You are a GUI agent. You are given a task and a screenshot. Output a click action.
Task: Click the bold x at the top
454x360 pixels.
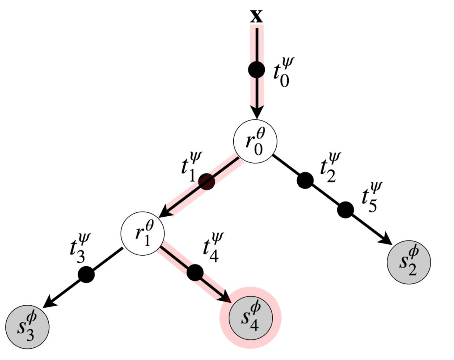[x=256, y=16]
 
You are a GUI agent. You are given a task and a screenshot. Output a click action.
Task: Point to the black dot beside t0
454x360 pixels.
[x=256, y=70]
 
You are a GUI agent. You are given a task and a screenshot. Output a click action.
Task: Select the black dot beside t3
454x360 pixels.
[x=87, y=274]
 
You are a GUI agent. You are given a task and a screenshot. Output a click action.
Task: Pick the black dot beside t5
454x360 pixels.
[x=345, y=209]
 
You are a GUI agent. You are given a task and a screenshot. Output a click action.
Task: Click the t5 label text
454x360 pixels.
[x=371, y=198]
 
